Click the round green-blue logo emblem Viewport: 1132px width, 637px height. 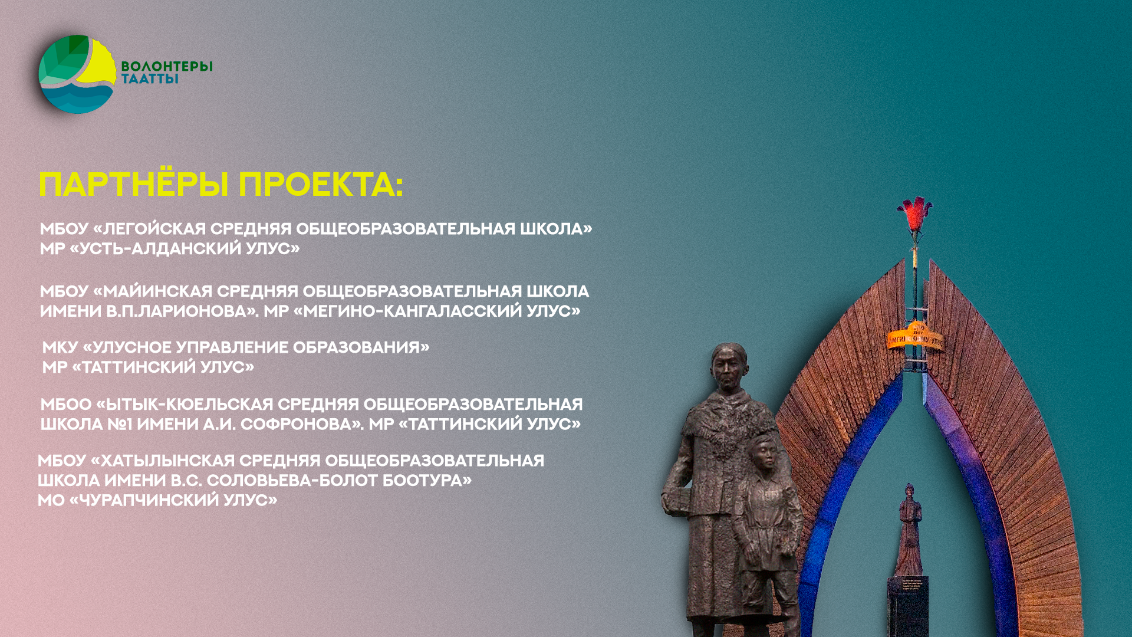77,74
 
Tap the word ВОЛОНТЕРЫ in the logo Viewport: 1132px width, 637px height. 167,66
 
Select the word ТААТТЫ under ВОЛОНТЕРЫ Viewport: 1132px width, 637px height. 150,78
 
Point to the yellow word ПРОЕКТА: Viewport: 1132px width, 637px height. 321,185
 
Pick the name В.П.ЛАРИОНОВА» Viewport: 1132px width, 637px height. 182,311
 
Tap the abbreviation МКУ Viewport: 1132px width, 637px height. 60,347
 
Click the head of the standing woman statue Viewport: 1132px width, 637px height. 729,367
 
